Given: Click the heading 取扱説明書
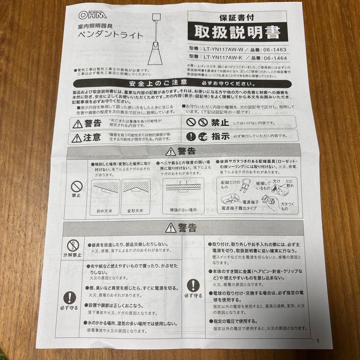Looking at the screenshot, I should [237, 32].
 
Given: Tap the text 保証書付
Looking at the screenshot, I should [237, 16].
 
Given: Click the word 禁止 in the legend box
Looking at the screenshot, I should [220, 123].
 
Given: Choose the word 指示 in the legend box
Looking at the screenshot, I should [221, 136].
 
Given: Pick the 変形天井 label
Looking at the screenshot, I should [135, 211].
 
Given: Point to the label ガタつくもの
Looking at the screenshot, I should [285, 206].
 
